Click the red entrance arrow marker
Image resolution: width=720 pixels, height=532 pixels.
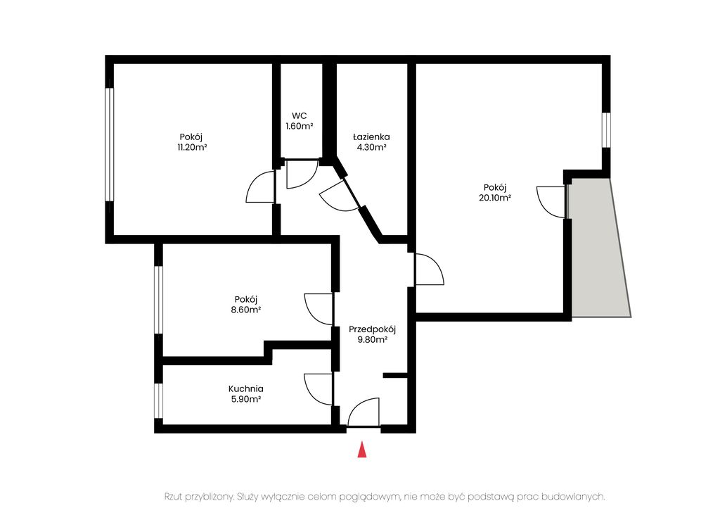[362, 449]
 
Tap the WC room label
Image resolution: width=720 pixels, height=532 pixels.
[300, 116]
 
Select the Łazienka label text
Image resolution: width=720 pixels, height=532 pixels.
[371, 137]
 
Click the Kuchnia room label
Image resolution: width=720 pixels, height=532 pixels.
[246, 389]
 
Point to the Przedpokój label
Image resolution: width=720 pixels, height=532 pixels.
[373, 329]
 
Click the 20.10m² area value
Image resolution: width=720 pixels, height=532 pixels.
[495, 198]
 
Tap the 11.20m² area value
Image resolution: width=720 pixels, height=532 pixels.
[192, 148]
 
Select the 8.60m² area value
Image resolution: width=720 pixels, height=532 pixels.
[246, 310]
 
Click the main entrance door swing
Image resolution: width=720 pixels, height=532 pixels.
[364, 412]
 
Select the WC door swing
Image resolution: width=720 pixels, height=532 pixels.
[302, 174]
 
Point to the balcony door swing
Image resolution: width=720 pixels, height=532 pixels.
[551, 202]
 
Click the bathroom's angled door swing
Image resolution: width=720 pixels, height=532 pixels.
[339, 196]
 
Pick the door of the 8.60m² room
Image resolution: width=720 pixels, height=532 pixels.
[319, 309]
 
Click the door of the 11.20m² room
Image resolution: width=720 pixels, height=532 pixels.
[260, 186]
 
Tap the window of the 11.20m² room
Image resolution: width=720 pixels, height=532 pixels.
[109, 144]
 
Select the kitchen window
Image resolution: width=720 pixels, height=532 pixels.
[158, 400]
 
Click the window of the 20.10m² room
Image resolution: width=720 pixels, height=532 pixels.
[607, 130]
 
